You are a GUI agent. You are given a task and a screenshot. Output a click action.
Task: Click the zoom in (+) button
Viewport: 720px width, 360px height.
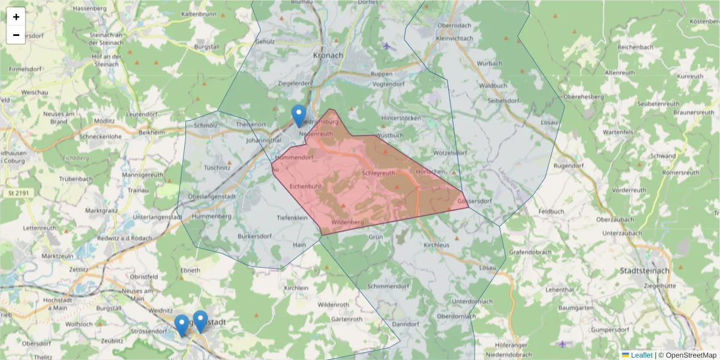pos(16,17)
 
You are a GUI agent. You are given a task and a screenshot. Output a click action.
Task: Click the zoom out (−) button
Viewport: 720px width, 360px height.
pos(16,35)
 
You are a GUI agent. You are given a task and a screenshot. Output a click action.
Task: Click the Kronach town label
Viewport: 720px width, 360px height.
pos(328,55)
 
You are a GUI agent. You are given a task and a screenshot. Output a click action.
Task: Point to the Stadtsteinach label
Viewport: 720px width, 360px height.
pos(647,271)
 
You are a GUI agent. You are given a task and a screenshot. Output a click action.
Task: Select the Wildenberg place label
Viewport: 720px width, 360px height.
pos(347,222)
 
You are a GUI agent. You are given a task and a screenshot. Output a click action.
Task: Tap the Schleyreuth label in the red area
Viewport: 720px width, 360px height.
pos(379,173)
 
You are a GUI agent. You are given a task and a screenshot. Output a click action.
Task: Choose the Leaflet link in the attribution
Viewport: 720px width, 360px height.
pos(641,355)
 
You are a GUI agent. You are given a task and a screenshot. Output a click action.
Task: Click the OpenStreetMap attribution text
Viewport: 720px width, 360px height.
pos(688,355)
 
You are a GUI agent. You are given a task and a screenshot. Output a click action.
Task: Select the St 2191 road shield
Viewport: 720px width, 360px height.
pos(19,193)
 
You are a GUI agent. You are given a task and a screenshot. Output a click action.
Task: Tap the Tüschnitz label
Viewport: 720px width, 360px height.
pos(217,167)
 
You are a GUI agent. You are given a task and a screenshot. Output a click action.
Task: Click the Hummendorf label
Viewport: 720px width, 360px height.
pos(295,157)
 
